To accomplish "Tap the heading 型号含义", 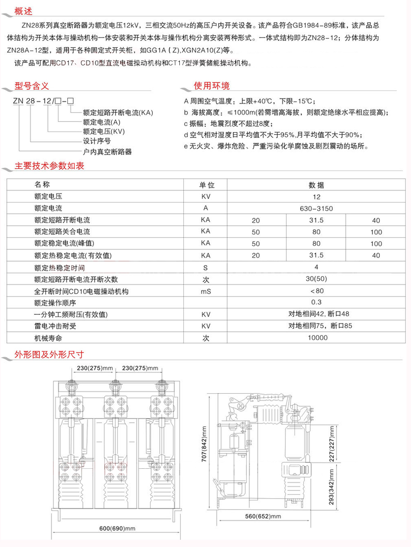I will tap(31, 85).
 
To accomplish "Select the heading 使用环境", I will tap(211, 85).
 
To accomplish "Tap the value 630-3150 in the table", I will tap(316, 208).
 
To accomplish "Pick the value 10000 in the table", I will tap(316, 338).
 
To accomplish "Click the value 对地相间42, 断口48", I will tap(316, 314).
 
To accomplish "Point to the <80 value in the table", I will tap(316, 291).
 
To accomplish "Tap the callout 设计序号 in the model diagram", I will tap(98, 141).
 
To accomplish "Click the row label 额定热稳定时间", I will tap(59, 268).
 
